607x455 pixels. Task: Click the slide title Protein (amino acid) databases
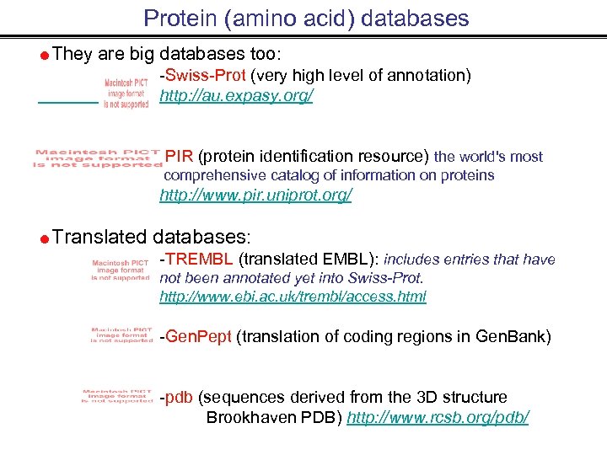[x=306, y=18]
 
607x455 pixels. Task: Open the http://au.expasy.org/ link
[x=236, y=96]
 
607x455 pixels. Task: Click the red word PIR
[x=180, y=156]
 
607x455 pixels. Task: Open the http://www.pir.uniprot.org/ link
[x=255, y=195]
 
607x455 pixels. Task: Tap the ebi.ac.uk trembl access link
[x=293, y=297]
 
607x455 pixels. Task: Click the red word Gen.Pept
[x=198, y=337]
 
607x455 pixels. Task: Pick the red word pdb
[x=180, y=397]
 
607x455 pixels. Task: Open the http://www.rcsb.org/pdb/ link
[x=438, y=417]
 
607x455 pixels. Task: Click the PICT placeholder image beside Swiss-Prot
[x=126, y=93]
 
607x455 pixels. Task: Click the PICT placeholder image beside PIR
[x=97, y=158]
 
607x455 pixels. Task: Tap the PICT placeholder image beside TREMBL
[x=120, y=270]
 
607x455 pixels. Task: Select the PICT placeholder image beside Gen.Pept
[x=121, y=335]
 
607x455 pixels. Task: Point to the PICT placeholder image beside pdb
[x=117, y=395]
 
